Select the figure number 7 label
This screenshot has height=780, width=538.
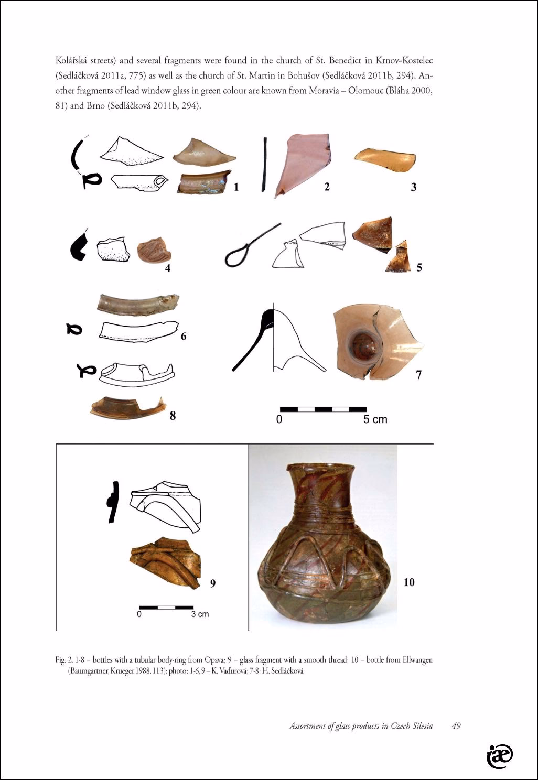pyautogui.click(x=418, y=375)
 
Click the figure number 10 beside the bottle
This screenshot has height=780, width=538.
pyautogui.click(x=409, y=582)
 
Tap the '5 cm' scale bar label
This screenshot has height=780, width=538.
pyautogui.click(x=375, y=419)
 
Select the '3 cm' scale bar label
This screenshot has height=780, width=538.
pyautogui.click(x=200, y=614)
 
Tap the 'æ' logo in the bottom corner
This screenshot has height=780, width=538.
pyautogui.click(x=499, y=756)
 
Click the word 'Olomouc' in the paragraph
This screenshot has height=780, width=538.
pyautogui.click(x=365, y=91)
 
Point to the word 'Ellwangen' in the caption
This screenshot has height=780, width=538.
pyautogui.click(x=417, y=660)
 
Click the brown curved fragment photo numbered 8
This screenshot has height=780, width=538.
pyautogui.click(x=127, y=408)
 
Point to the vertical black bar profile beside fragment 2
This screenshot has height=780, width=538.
pyautogui.click(x=265, y=164)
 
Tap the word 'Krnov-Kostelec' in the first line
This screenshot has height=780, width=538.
pyautogui.click(x=404, y=61)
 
